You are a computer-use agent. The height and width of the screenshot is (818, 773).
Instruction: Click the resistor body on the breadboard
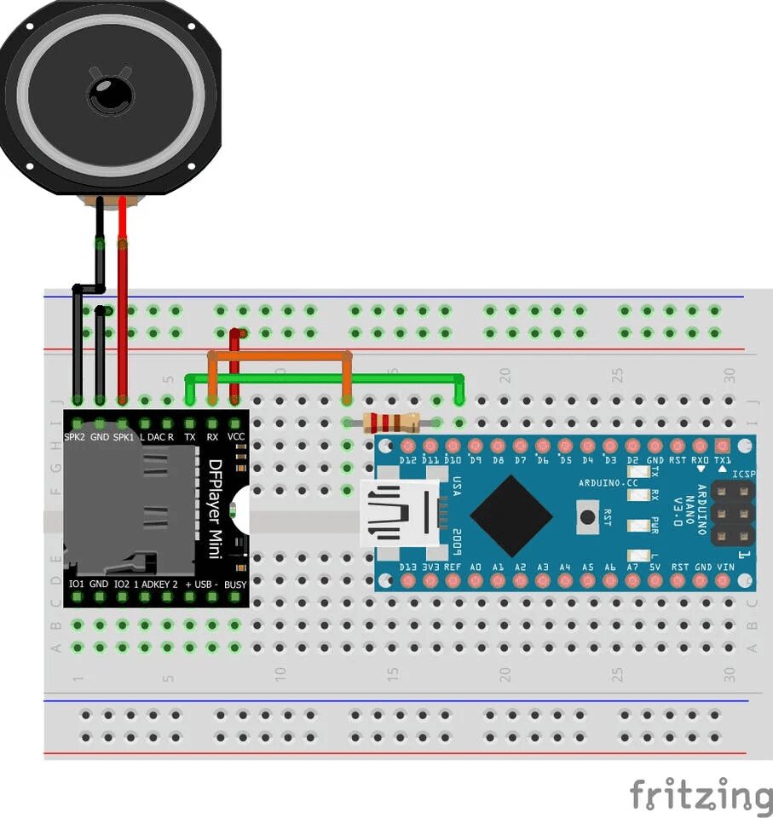click(x=391, y=422)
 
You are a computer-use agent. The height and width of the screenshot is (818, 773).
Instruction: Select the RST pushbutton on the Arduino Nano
click(x=586, y=514)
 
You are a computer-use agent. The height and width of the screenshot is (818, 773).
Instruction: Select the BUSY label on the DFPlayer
click(x=235, y=584)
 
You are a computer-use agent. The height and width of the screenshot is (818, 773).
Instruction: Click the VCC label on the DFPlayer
click(x=236, y=437)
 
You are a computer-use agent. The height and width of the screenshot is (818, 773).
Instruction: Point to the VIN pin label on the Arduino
click(x=725, y=567)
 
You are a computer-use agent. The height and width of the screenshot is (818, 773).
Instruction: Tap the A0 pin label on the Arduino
click(x=476, y=567)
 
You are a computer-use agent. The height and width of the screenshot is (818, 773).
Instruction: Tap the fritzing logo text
click(x=701, y=795)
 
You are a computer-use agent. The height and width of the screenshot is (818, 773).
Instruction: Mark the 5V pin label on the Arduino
click(x=655, y=567)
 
